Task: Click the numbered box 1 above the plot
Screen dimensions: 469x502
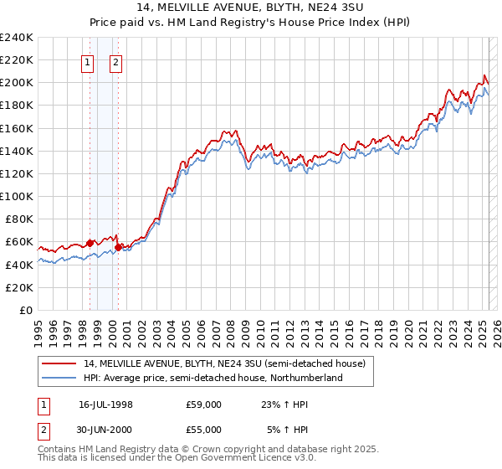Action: coord(87,61)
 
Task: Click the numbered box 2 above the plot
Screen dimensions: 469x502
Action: coord(115,61)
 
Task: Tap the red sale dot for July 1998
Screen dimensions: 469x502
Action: coord(90,243)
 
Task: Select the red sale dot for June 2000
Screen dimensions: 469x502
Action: coord(119,247)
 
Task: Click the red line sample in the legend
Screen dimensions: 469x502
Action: coord(59,364)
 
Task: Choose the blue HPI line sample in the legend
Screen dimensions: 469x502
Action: coord(59,378)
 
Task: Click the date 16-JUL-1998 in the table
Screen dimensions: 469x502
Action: coord(105,404)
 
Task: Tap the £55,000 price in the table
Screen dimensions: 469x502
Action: coord(204,430)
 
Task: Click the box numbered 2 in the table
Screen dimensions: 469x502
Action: coord(41,430)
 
